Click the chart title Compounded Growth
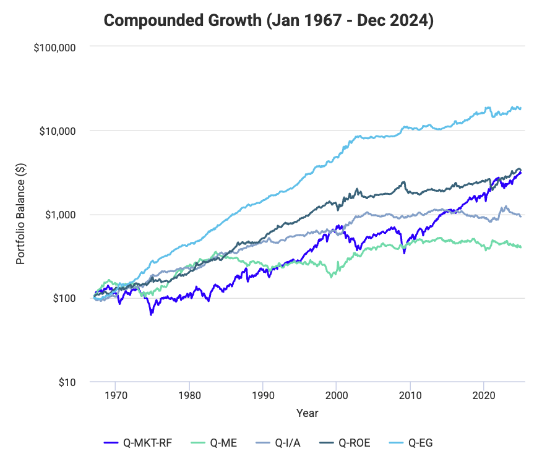pos(269,20)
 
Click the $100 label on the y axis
pos(66,298)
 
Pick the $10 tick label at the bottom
pos(69,382)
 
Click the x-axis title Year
pos(308,413)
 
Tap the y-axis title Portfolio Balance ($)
pos(20,214)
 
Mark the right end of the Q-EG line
pos(521,108)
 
